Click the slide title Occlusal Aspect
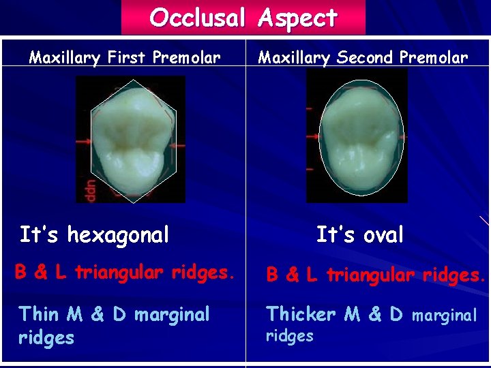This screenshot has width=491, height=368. [243, 17]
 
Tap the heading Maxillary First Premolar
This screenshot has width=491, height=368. [125, 57]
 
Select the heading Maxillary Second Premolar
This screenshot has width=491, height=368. [363, 57]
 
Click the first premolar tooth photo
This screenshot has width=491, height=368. [130, 138]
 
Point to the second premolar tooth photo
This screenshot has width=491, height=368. [357, 136]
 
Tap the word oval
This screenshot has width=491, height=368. [381, 235]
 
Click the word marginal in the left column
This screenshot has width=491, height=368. [172, 315]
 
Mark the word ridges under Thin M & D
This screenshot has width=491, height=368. [46, 337]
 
